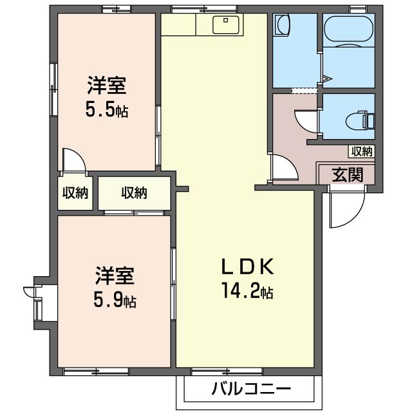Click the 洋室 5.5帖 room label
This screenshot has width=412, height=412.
pyautogui.click(x=107, y=97)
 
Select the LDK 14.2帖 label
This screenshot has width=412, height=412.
pyautogui.click(x=248, y=279)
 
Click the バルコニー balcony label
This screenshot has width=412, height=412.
pyautogui.click(x=250, y=389)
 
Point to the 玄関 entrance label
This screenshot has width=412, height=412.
pyautogui.click(x=347, y=174)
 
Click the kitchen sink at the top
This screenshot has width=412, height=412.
pyautogui.click(x=227, y=25)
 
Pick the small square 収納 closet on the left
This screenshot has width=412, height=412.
pyautogui.click(x=75, y=192)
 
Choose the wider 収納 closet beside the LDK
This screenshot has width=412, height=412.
pyautogui.click(x=134, y=192)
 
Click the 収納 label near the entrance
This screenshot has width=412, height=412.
pyautogui.click(x=361, y=152)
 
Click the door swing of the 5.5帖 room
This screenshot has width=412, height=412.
pyautogui.click(x=73, y=160)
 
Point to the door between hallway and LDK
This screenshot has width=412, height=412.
pyautogui.click(x=283, y=169)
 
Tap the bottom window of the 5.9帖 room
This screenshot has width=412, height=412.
pyautogui.click(x=96, y=371)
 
